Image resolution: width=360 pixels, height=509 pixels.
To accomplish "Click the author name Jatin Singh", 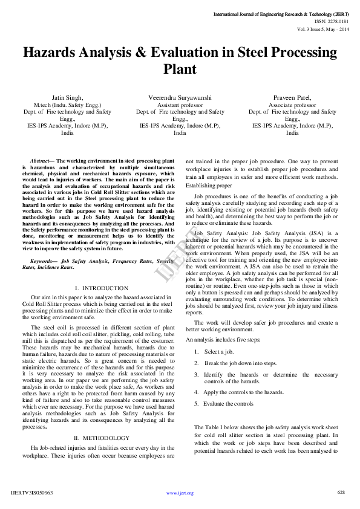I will pyautogui.click(x=67, y=97).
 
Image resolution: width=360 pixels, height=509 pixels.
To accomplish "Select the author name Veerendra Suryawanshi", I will pyautogui.click(x=180, y=97).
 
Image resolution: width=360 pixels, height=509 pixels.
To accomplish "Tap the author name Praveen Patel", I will pyautogui.click(x=292, y=97).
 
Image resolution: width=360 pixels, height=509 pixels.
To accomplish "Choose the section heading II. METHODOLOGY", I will pyautogui.click(x=101, y=437).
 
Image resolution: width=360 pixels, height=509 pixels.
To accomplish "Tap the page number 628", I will pyautogui.click(x=341, y=493).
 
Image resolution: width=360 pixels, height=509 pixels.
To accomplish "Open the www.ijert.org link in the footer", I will pyautogui.click(x=180, y=493).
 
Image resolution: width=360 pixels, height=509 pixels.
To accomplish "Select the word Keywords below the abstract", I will pyautogui.click(x=43, y=261).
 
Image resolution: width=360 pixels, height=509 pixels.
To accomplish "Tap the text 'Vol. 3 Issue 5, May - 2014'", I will pyautogui.click(x=322, y=29).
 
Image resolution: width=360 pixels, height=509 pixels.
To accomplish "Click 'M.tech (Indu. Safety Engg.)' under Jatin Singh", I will pyautogui.click(x=67, y=104).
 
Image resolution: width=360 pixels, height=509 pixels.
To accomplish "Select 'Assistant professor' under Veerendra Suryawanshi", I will pyautogui.click(x=180, y=104).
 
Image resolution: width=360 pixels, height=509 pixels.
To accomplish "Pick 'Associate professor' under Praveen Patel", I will pyautogui.click(x=292, y=104).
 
